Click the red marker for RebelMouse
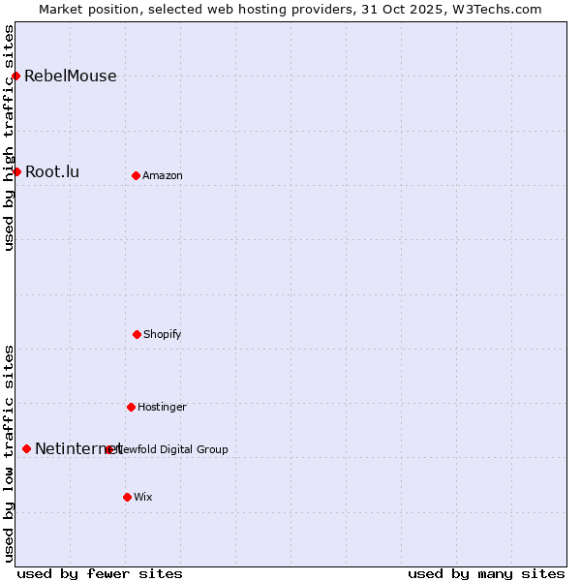(15, 76)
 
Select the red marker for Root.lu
(16, 171)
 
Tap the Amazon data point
(136, 175)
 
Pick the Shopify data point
(137, 334)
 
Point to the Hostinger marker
(131, 407)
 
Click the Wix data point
(127, 497)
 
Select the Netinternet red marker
(26, 448)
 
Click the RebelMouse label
(70, 76)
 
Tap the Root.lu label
(52, 172)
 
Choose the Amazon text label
(163, 176)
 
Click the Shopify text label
(163, 335)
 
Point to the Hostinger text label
(162, 408)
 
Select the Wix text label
(143, 498)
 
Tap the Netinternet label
(77, 449)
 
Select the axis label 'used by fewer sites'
(100, 573)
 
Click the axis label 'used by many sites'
(486, 573)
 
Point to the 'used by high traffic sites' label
(10, 138)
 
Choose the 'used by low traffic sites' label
(10, 453)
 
